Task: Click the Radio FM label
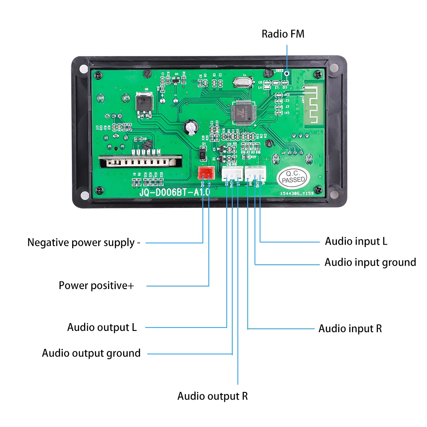[283, 34]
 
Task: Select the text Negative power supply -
[84, 243]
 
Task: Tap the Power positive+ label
[96, 285]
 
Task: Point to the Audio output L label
[102, 328]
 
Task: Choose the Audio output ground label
[91, 353]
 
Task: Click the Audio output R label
[212, 396]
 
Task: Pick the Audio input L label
[356, 241]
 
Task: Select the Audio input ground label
[370, 262]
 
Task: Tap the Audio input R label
[350, 328]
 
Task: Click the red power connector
[206, 173]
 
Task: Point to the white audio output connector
[231, 173]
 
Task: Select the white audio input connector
[255, 173]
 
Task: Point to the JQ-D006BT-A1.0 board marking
[175, 193]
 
